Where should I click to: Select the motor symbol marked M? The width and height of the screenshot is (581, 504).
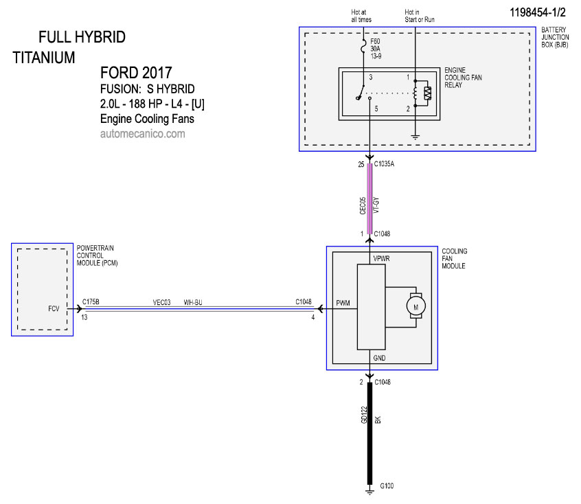tap(415, 306)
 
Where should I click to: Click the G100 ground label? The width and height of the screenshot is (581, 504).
tap(387, 485)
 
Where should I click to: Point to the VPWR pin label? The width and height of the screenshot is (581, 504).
tap(381, 258)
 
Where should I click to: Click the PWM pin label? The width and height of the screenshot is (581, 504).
tap(343, 303)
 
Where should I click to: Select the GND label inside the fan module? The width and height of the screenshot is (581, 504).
tap(379, 358)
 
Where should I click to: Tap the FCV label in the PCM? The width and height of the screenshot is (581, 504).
tap(54, 308)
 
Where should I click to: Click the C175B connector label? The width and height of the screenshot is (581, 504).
tap(91, 301)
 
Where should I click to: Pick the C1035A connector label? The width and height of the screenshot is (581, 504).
tap(385, 164)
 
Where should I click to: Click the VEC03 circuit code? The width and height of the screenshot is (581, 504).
tap(161, 302)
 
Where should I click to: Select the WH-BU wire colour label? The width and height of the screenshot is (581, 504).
tap(193, 302)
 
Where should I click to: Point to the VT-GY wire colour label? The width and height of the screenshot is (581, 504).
tap(376, 205)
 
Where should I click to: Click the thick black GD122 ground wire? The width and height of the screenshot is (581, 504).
tap(369, 433)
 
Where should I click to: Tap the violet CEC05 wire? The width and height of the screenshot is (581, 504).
tap(369, 198)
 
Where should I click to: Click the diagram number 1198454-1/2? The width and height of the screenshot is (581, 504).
tap(538, 12)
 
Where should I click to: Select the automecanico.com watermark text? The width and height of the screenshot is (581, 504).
tap(143, 133)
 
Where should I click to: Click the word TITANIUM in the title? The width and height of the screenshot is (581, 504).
tap(44, 58)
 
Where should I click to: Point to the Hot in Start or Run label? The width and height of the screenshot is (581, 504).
tap(420, 16)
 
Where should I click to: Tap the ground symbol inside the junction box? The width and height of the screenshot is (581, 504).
tap(415, 137)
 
